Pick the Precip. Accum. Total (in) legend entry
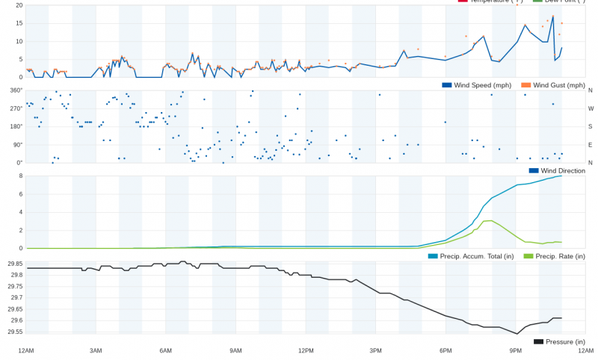click(x=471, y=256)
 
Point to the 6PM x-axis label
click(x=446, y=351)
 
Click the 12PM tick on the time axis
click(x=306, y=351)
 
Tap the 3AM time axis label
click(x=96, y=351)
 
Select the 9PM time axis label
click(x=516, y=351)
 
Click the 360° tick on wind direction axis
click(x=16, y=90)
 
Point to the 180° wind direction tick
click(x=16, y=126)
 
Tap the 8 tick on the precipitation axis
click(x=20, y=176)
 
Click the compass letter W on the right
click(x=591, y=108)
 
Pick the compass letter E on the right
click(x=591, y=145)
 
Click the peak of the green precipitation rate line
click(x=487, y=221)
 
